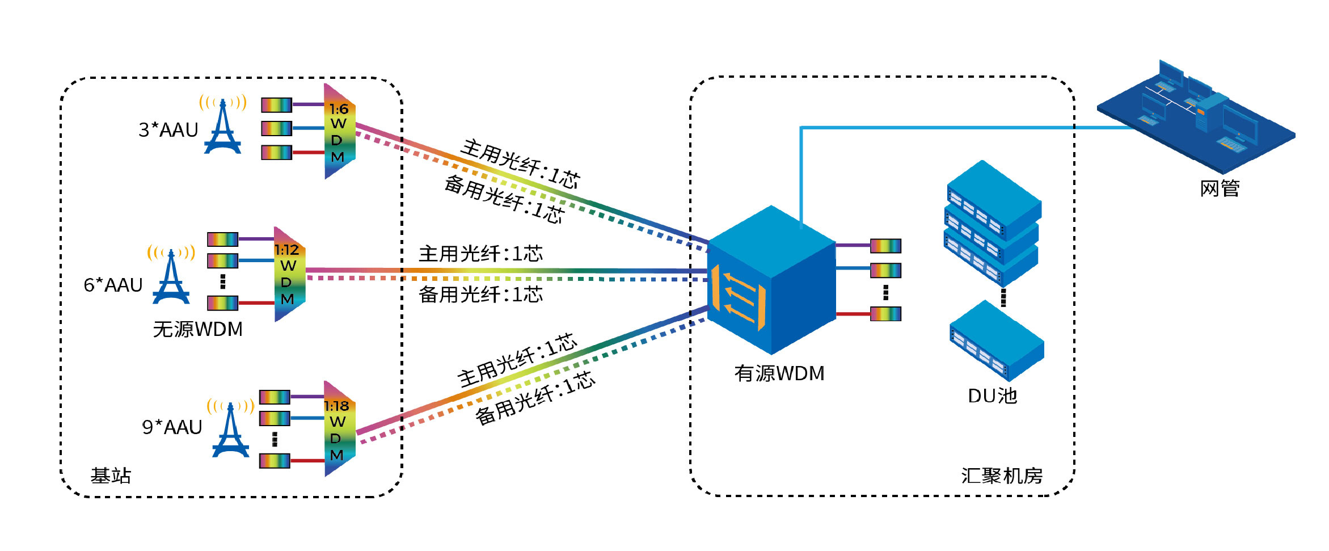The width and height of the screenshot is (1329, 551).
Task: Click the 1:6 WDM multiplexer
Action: click(x=339, y=132)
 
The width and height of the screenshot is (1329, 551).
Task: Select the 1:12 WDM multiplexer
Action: click(x=289, y=274)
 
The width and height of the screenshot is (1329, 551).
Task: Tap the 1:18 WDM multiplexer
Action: click(x=339, y=429)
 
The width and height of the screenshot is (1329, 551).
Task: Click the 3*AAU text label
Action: click(x=168, y=130)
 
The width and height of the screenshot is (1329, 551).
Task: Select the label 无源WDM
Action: click(x=197, y=329)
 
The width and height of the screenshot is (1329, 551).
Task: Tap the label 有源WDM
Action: click(x=779, y=373)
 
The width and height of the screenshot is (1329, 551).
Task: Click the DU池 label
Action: click(x=992, y=396)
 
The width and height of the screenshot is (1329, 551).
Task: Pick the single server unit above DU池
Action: click(x=997, y=341)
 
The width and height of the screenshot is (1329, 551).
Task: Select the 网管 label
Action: click(x=1220, y=188)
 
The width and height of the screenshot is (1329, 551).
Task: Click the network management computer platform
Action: click(x=1197, y=116)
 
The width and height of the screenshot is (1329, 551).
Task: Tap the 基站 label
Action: click(x=111, y=476)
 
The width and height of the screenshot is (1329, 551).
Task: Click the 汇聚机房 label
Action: click(x=1002, y=476)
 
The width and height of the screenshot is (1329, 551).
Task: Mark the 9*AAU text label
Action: click(x=172, y=427)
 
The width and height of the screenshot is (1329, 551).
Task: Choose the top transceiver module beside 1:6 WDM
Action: click(x=276, y=105)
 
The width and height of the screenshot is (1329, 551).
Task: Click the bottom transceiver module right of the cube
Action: click(x=885, y=314)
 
